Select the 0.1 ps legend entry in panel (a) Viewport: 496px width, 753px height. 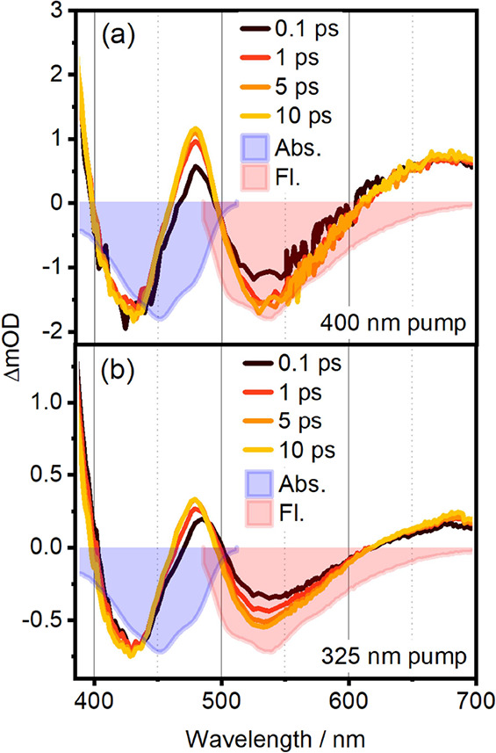(x=273, y=27)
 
